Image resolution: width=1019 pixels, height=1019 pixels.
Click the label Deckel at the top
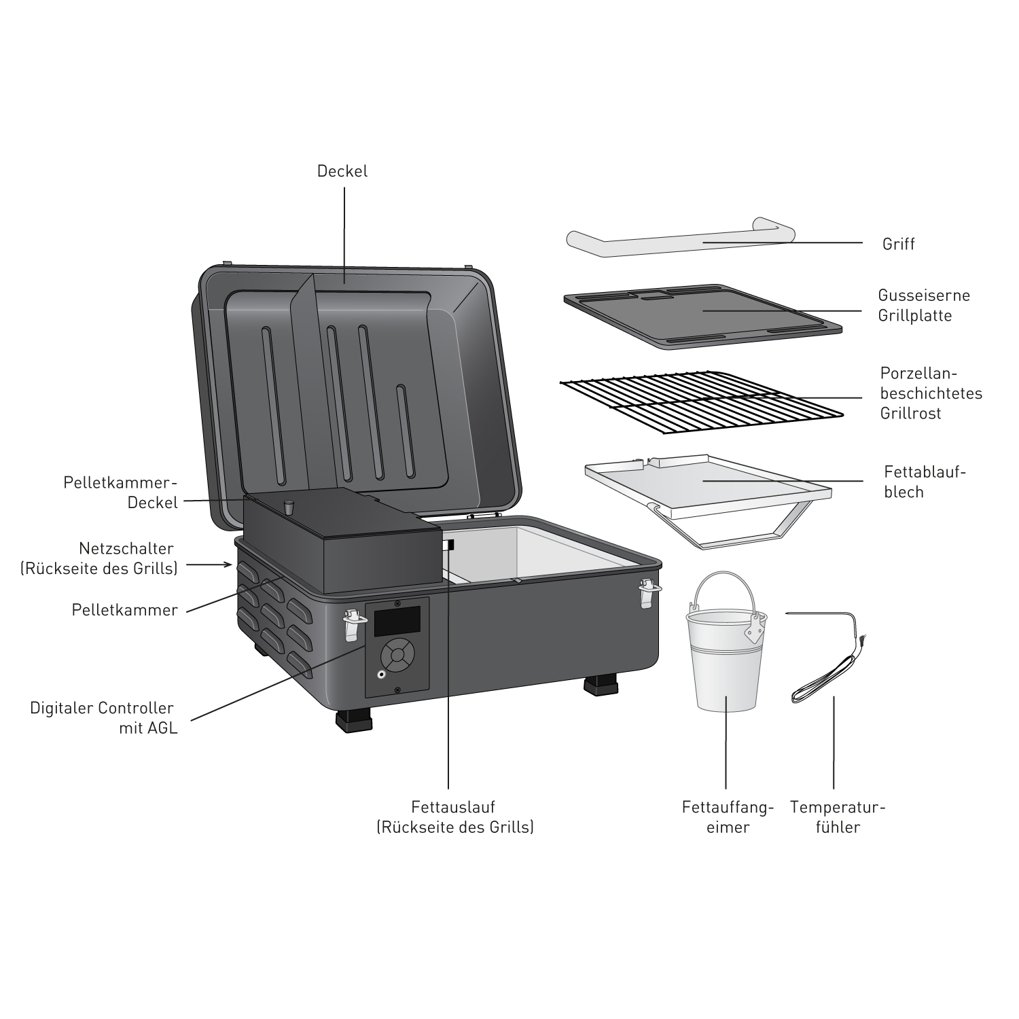click(342, 171)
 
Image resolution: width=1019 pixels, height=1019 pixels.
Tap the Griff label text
click(898, 244)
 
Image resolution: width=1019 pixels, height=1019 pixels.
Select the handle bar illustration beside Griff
click(679, 241)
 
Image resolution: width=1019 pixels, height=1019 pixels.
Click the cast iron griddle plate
click(703, 316)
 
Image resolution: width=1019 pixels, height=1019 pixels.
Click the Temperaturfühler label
click(838, 817)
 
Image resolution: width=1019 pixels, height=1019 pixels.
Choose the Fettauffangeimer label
click(728, 817)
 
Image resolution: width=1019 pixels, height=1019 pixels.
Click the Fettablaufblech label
click(924, 482)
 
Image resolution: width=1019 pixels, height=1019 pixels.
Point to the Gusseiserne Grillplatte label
click(924, 306)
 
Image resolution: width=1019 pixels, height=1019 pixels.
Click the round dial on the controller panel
click(397, 655)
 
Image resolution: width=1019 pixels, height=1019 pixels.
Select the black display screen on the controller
click(397, 621)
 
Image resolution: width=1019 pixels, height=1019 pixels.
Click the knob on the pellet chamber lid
click(288, 506)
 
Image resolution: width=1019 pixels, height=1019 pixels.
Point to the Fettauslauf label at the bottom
click(455, 817)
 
